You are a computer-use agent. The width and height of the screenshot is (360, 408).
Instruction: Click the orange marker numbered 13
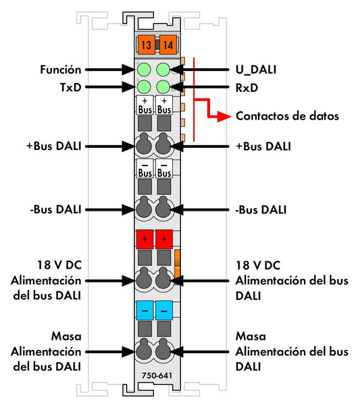click(x=146, y=45)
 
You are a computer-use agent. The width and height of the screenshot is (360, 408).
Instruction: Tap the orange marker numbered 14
click(x=168, y=45)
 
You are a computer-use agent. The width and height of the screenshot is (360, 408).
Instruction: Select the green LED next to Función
click(x=144, y=70)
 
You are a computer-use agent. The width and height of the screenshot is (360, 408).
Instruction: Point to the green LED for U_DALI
click(x=163, y=70)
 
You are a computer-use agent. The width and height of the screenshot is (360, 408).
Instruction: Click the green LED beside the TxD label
click(x=144, y=87)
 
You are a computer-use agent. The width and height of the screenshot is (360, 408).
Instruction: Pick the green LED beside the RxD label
click(x=163, y=87)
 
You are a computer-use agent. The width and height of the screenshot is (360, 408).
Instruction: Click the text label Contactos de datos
click(x=287, y=116)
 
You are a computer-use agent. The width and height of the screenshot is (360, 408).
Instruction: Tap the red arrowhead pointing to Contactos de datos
click(x=224, y=116)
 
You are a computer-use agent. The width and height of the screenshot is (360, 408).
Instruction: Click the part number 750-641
click(x=157, y=376)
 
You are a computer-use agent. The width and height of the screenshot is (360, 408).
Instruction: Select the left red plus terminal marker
click(x=145, y=238)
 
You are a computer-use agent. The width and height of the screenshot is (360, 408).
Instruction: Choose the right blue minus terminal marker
click(x=164, y=310)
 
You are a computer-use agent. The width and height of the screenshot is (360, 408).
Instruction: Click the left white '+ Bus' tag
click(x=145, y=105)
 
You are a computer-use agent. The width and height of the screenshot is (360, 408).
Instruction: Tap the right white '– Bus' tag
click(x=164, y=169)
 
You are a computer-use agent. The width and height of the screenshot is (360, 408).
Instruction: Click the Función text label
click(x=61, y=70)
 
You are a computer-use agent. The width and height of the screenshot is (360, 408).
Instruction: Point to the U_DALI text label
click(x=256, y=70)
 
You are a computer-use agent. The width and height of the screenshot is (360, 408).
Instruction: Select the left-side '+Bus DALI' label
click(x=54, y=146)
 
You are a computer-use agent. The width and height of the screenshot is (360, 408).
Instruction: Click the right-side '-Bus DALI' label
click(x=261, y=209)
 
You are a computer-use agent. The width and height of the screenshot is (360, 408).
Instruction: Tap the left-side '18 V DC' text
click(x=59, y=265)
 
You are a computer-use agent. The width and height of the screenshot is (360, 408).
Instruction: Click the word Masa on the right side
click(x=251, y=336)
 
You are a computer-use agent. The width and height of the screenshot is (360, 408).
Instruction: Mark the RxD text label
click(x=247, y=88)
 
